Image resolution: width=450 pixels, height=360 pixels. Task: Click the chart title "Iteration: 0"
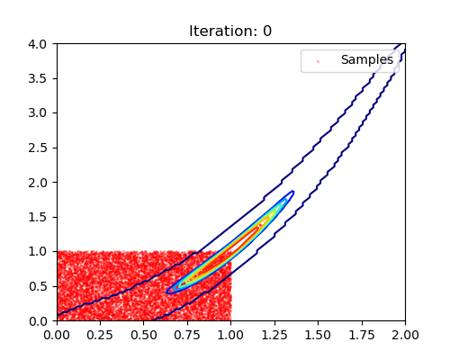pyautogui.click(x=230, y=31)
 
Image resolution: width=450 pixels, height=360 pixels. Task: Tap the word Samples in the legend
pyautogui.click(x=367, y=59)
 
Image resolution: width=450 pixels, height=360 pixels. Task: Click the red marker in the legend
pyautogui.click(x=318, y=61)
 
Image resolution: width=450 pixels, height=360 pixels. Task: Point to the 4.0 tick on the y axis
pyautogui.click(x=38, y=44)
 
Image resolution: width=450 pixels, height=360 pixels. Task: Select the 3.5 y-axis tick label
pyautogui.click(x=38, y=78)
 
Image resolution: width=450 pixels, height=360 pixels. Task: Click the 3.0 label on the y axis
pyautogui.click(x=38, y=113)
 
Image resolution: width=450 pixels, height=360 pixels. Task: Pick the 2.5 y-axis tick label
pyautogui.click(x=38, y=148)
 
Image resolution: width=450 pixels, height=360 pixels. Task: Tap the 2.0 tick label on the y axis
pyautogui.click(x=38, y=183)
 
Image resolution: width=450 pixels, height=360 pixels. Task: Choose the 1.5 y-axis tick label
pyautogui.click(x=38, y=217)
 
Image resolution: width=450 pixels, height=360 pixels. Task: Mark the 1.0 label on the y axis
pyautogui.click(x=38, y=252)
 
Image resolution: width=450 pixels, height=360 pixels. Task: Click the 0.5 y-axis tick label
pyautogui.click(x=38, y=286)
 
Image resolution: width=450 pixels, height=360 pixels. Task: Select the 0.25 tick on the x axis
pyautogui.click(x=100, y=335)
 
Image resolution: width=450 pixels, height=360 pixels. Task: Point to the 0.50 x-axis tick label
pyautogui.click(x=143, y=335)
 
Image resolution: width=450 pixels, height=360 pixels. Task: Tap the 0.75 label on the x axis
pyautogui.click(x=187, y=335)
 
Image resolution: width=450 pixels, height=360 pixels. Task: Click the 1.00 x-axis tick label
pyautogui.click(x=230, y=335)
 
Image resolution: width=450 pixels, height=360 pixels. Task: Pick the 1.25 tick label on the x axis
pyautogui.click(x=274, y=335)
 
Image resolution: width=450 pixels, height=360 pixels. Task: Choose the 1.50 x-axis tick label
pyautogui.click(x=318, y=335)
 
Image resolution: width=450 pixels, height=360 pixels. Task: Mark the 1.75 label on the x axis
pyautogui.click(x=362, y=335)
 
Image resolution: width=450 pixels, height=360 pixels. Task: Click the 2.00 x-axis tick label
pyautogui.click(x=405, y=335)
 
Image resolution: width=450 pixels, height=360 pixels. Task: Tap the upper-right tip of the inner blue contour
pyautogui.click(x=293, y=192)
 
